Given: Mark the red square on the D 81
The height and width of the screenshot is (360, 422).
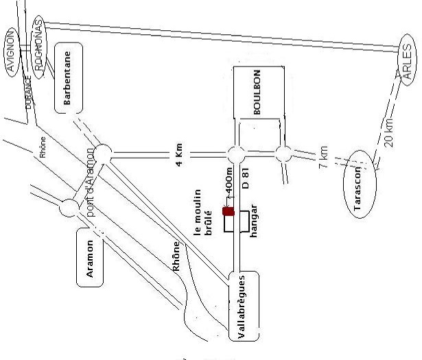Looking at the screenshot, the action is pos(228,211).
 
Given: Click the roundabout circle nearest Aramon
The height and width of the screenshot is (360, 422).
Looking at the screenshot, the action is pos(69,206).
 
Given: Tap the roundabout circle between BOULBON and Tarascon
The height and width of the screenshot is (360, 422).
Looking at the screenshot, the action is pos(283,154).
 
